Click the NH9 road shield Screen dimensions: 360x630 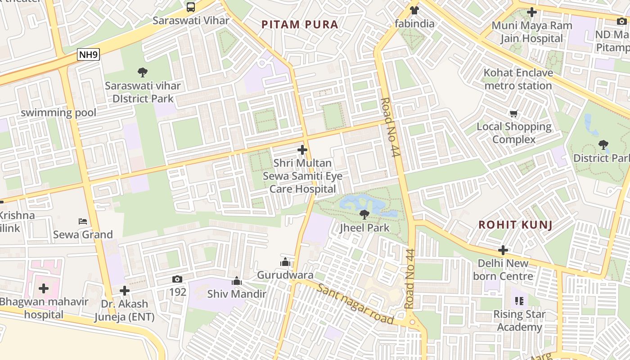coord(88,55)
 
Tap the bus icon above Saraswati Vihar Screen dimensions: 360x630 coord(191,7)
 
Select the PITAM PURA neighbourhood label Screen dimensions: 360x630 coord(300,24)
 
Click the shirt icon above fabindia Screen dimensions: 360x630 coord(414,10)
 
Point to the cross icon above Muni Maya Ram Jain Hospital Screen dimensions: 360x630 coord(532,12)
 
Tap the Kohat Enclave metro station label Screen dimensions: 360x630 coord(518,79)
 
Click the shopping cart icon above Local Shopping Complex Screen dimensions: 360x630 coord(513,114)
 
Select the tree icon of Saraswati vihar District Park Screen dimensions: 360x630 coord(143,72)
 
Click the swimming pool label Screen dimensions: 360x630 coord(58,112)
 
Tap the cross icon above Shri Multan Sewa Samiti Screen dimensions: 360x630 coord(302,150)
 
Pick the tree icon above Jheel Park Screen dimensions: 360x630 coord(364,215)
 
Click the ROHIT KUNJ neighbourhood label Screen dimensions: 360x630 coord(515,225)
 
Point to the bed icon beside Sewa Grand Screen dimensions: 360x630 coord(83,221)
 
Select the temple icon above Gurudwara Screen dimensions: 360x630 coord(285,262)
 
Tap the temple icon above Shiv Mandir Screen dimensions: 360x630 coord(237,281)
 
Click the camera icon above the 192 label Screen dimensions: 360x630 coord(177,279)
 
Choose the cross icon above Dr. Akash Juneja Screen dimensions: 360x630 coord(125,291)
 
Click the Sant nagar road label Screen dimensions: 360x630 coord(355,304)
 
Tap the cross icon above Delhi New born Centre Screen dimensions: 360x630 coord(503,250)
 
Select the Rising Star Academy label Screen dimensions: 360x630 coord(519,320)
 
